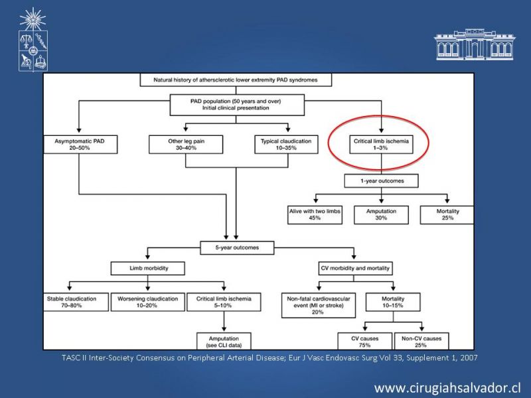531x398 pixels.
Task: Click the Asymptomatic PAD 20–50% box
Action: tap(80, 145)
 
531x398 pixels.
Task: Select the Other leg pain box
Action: tap(186, 145)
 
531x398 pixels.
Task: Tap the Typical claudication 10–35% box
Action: tap(286, 145)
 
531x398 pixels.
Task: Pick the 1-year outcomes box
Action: tap(381, 180)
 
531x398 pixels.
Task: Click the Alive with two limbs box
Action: tap(315, 214)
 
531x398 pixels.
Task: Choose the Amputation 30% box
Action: tap(381, 214)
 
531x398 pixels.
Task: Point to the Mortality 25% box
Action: tap(447, 214)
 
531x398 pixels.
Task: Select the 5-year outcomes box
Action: tap(237, 247)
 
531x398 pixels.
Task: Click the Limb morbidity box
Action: tap(147, 268)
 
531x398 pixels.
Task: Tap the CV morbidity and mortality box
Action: tap(355, 268)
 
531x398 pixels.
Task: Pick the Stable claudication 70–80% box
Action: tap(76, 302)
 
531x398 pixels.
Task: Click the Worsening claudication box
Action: tap(147, 302)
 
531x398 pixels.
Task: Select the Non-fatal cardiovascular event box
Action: tap(319, 305)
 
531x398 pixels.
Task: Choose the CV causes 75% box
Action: tap(364, 341)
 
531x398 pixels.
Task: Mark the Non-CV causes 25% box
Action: tap(421, 341)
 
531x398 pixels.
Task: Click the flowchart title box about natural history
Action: tap(236, 80)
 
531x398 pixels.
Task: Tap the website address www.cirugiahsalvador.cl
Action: tap(447, 388)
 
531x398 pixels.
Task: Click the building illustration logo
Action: tap(475, 44)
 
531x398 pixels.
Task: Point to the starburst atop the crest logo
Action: tap(33, 19)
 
